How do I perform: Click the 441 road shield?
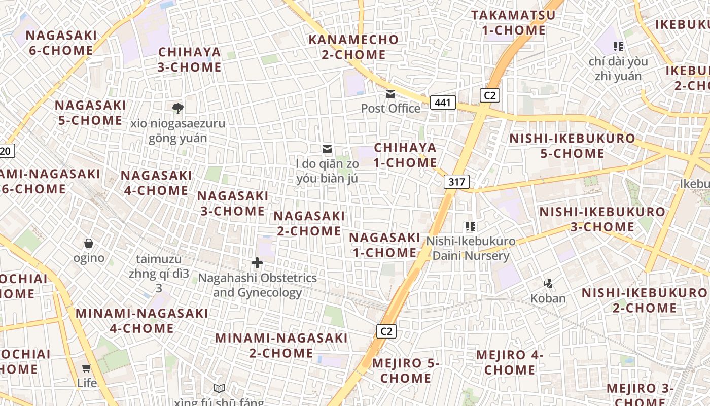click(443, 103)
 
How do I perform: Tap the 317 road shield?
click(456, 182)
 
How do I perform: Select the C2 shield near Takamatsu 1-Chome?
click(490, 95)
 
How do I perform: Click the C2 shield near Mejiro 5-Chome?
click(386, 331)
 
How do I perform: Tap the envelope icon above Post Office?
click(390, 94)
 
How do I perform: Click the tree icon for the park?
click(177, 108)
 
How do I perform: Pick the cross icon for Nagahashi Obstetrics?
click(257, 263)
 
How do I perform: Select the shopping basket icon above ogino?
click(89, 243)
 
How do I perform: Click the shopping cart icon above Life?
click(87, 368)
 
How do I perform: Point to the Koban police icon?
click(548, 284)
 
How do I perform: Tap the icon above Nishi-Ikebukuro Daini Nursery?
click(470, 226)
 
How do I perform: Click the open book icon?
click(219, 389)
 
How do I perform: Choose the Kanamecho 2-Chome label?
click(354, 47)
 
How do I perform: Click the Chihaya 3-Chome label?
click(190, 59)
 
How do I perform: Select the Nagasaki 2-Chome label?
click(309, 223)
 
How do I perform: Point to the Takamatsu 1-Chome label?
click(513, 23)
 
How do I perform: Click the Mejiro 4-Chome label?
click(509, 362)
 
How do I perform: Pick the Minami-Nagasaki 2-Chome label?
click(281, 345)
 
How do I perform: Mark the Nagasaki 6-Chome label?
click(61, 43)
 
